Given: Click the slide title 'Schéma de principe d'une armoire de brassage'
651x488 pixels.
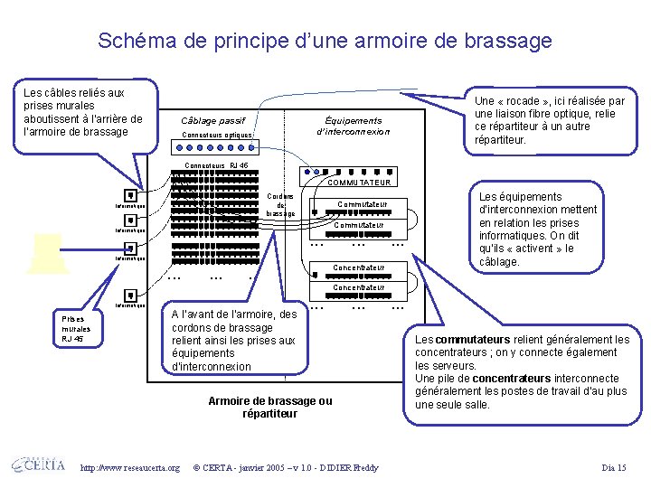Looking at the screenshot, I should coord(325,41).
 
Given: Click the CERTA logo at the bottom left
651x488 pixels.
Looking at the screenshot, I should coord(38,465).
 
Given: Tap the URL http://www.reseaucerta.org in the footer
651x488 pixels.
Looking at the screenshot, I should coord(130,467).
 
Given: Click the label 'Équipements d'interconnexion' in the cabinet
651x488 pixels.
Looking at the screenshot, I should coord(354,126).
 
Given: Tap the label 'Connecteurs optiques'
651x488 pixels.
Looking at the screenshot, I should coord(217,136).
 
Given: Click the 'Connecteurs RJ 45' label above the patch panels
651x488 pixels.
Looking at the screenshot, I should coord(215,165).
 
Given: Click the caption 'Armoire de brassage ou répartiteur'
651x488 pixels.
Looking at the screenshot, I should coord(270,407).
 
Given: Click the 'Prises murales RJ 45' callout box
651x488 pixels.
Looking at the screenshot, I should coord(76,328).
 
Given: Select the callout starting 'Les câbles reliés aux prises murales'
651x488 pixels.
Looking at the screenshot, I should coord(83,112).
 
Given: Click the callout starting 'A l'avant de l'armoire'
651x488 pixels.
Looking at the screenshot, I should coord(234,341).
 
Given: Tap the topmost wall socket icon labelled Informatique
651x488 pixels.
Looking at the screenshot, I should coord(131,195).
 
